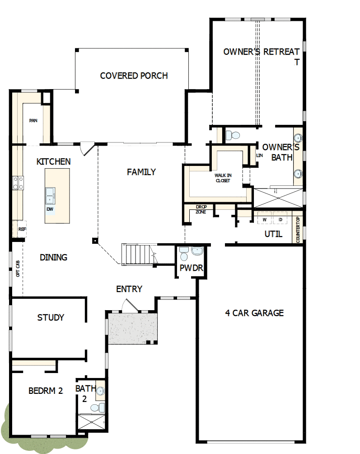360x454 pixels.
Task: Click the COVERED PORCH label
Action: (134, 76)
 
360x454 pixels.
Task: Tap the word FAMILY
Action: (141, 172)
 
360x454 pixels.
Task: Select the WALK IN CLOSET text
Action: (222, 178)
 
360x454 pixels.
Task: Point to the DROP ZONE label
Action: (201, 209)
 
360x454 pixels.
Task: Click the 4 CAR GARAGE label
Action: (254, 312)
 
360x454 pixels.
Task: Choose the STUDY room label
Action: (51, 317)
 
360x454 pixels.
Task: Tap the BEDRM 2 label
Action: (45, 391)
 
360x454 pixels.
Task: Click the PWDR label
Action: (191, 268)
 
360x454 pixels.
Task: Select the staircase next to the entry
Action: (137, 255)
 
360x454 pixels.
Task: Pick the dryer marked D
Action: (280, 220)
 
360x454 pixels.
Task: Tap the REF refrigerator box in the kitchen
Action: (22, 229)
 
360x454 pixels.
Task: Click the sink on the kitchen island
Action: (50, 196)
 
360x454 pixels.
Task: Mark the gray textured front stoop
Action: (132, 328)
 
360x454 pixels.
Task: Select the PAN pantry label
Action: (33, 121)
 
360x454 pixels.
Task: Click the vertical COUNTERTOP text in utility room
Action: (298, 229)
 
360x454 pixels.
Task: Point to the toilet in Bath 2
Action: (96, 408)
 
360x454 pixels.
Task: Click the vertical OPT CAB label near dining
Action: (18, 268)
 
